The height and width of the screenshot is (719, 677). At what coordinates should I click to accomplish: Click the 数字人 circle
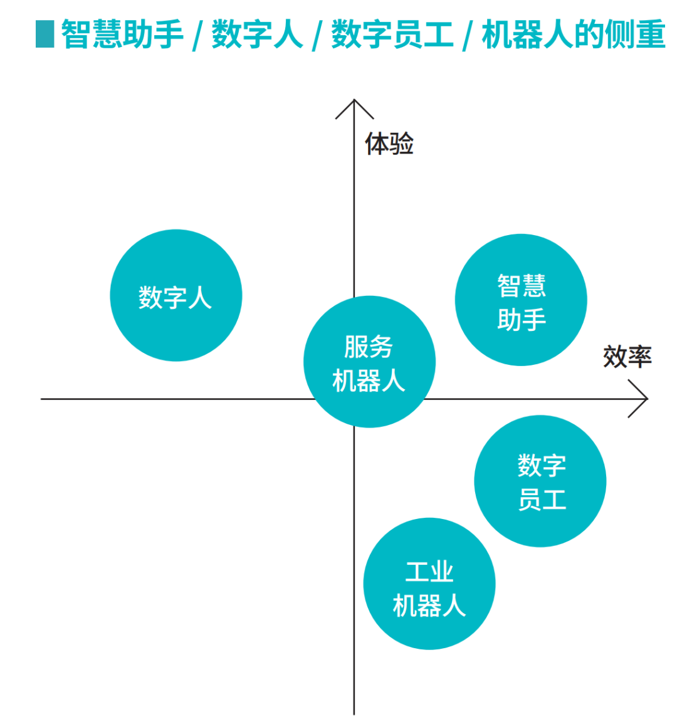click(176, 295)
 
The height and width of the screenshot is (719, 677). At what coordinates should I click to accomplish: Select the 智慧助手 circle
click(521, 300)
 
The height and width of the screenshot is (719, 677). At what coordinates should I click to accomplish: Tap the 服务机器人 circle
click(369, 362)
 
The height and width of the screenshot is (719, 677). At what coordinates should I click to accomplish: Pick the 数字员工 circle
click(540, 481)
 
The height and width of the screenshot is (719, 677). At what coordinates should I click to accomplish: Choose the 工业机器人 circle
click(429, 584)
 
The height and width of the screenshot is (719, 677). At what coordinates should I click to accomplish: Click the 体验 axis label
click(389, 144)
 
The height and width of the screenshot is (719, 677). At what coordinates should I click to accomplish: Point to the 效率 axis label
click(627, 357)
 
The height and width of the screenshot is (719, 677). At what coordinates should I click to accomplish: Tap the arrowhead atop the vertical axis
click(355, 108)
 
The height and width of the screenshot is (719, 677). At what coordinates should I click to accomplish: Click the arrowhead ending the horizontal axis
click(639, 399)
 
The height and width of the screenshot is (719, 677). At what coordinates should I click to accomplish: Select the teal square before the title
click(45, 34)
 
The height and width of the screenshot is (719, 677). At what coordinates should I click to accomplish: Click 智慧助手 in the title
click(123, 34)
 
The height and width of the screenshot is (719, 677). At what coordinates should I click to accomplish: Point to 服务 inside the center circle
click(369, 347)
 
